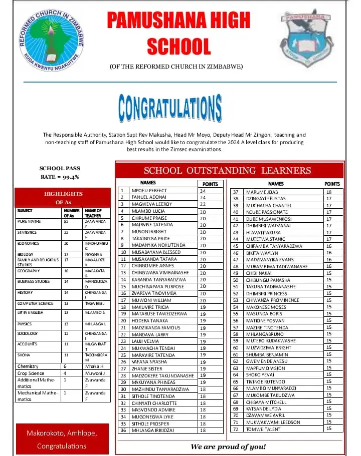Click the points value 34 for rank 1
click(203, 191)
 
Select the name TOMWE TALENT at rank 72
click(263, 428)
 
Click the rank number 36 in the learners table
click(122, 429)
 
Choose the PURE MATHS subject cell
click(29, 221)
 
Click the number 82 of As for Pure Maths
click(66, 221)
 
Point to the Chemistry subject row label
click(28, 366)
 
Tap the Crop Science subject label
click(31, 373)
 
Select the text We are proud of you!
click(228, 446)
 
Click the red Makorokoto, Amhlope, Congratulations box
click(62, 439)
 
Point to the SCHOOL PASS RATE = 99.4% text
click(60, 172)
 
